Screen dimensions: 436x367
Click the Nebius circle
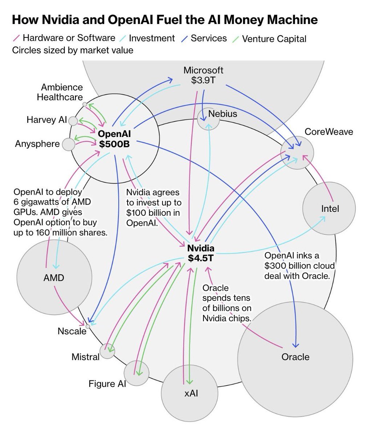click(x=208, y=119)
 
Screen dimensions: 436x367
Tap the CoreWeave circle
click(x=297, y=153)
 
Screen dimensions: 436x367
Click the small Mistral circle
click(x=107, y=351)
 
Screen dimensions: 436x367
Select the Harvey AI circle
click(x=73, y=121)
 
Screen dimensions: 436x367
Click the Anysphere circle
click(x=68, y=144)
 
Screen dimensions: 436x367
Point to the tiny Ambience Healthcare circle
click(x=85, y=104)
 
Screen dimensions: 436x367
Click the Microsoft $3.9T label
click(x=203, y=75)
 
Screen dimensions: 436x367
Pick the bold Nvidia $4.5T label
click(x=201, y=253)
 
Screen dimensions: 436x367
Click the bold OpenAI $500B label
click(x=114, y=139)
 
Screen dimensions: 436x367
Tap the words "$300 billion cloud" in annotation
click(x=299, y=266)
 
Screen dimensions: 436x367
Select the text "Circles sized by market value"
click(x=73, y=50)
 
